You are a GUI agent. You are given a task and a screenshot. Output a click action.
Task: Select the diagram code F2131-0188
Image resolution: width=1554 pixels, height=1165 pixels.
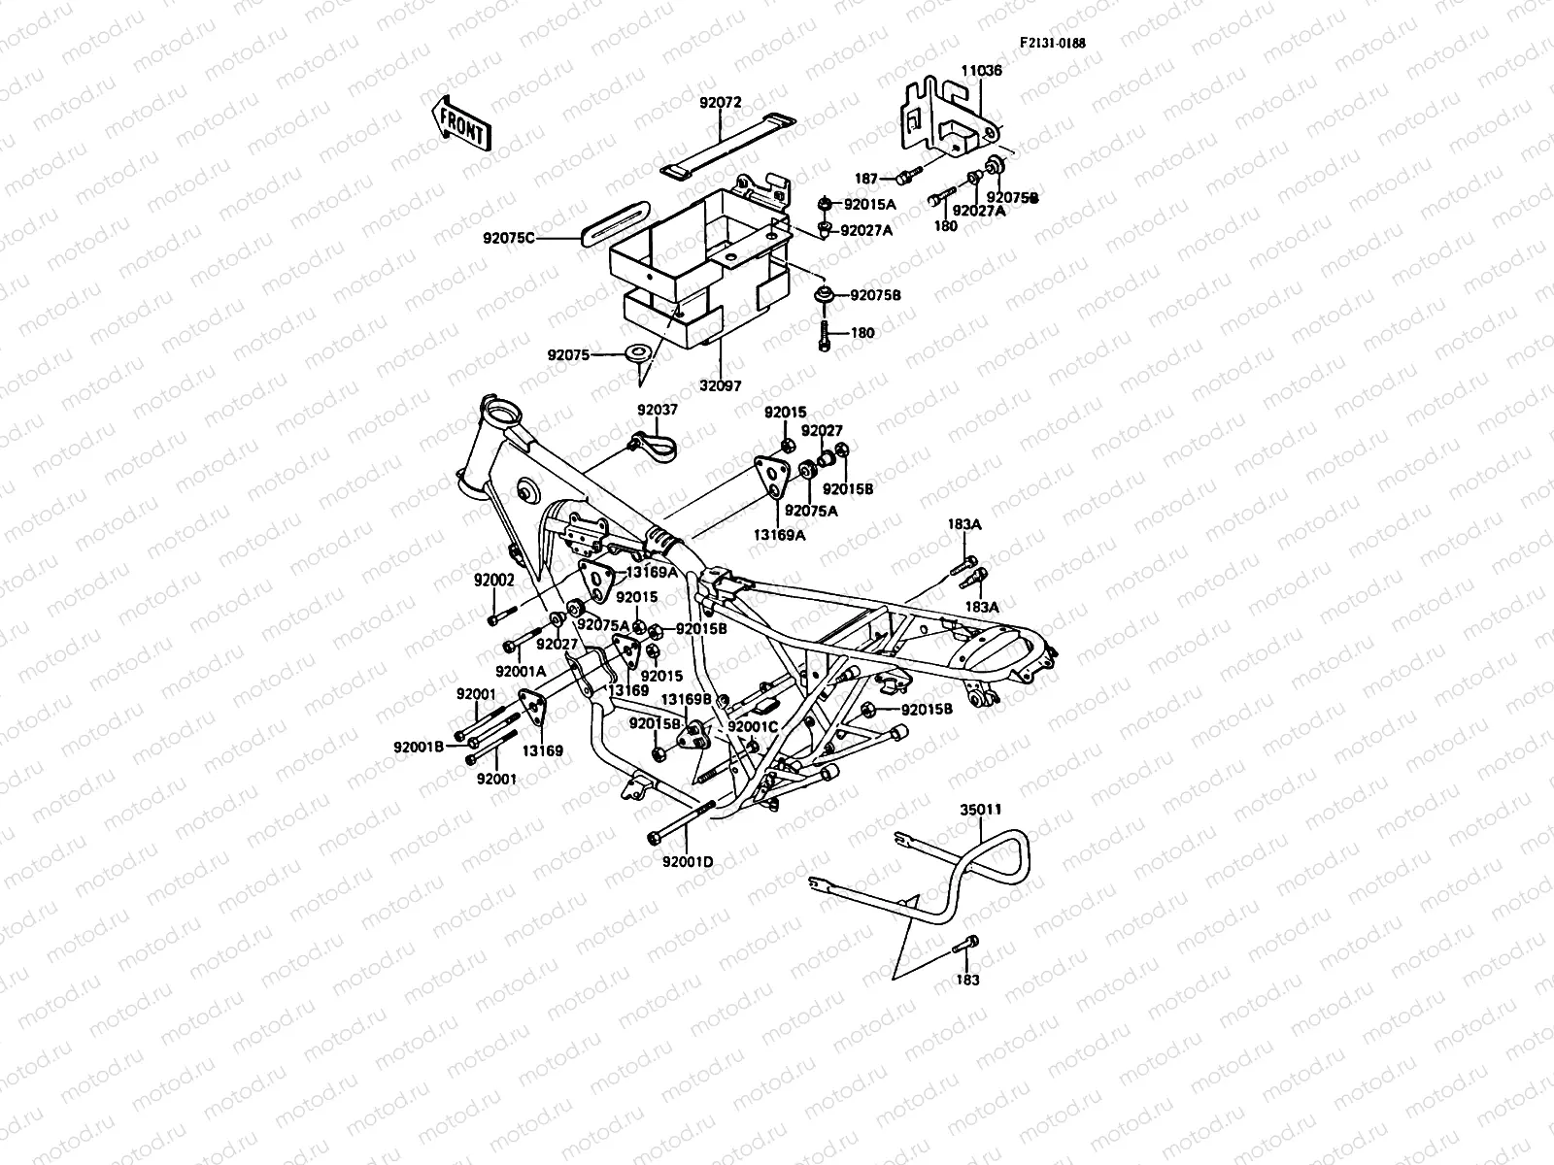[x=1052, y=43]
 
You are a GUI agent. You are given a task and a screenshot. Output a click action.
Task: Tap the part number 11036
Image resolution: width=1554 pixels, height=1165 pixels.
[x=982, y=71]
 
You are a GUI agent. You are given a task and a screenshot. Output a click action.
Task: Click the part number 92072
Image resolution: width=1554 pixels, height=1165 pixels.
[x=720, y=101]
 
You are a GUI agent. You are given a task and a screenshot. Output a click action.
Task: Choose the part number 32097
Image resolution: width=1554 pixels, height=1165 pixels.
[x=721, y=385]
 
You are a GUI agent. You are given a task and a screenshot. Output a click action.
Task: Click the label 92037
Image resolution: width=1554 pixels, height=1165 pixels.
[x=658, y=411]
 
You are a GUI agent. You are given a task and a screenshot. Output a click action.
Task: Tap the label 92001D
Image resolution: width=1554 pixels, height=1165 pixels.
[x=688, y=860]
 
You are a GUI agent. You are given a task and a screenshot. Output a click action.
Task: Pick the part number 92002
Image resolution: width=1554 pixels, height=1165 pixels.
[x=494, y=580]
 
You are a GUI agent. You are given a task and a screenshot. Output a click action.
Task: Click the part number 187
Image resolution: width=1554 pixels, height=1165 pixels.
[x=866, y=179]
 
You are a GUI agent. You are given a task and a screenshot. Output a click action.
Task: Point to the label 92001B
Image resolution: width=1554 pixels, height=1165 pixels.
[x=419, y=747]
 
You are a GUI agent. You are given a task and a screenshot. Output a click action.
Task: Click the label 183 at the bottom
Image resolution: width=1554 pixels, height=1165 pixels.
[x=968, y=980]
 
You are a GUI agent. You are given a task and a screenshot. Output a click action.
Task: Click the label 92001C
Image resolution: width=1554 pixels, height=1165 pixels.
[x=753, y=726]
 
